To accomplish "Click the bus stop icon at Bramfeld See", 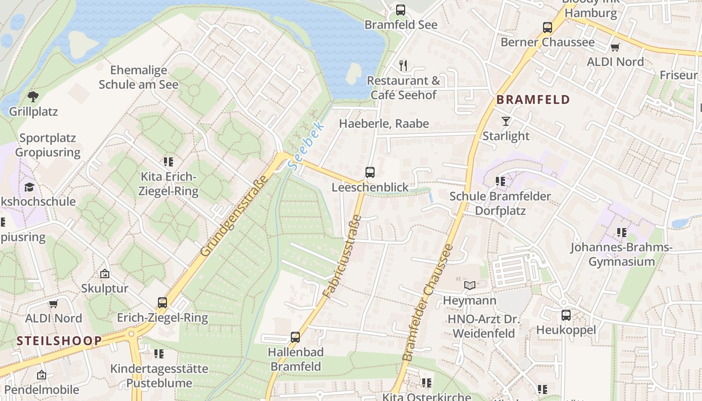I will point(400,10).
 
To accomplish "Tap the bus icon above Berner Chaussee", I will point(548,28).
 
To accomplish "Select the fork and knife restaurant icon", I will point(403,65).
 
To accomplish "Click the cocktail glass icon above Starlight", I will point(505,121).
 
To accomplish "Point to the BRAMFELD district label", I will point(533,100).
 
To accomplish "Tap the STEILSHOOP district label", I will point(59,341).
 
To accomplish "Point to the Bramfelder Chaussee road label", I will point(428,303).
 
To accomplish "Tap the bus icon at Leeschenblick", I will point(370,172).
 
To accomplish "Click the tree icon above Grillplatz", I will point(33,96).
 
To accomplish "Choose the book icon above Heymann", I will point(470,286).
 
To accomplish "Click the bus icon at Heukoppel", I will point(566,315).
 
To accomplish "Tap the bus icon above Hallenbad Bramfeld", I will point(295,337).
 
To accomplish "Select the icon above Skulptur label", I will point(105,274).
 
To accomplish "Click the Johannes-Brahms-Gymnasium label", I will point(621,255).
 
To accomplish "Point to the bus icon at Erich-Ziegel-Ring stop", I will point(162,303).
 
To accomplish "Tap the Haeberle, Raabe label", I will point(384,124).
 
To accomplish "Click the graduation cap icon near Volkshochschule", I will point(29,187).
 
